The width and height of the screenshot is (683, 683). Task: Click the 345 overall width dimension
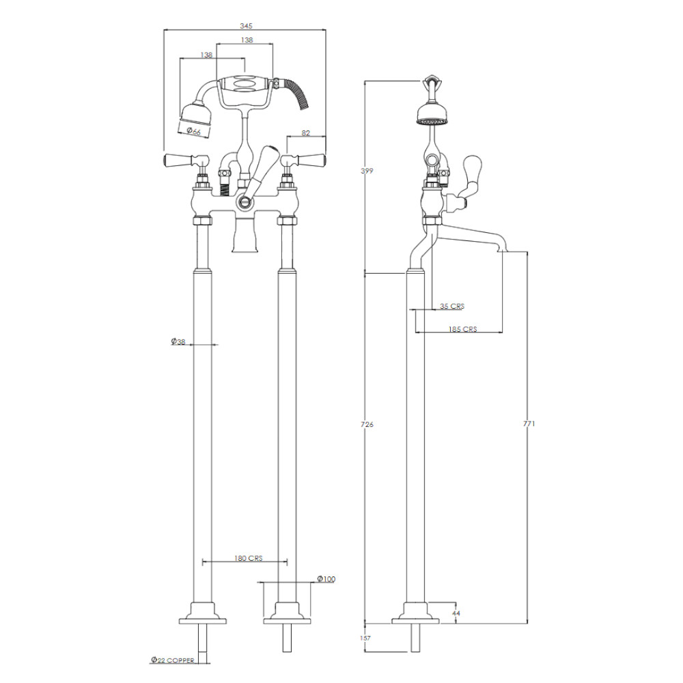(x=246, y=26)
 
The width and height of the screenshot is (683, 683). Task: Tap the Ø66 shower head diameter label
(x=194, y=131)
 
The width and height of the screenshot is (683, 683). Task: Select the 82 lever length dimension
(x=306, y=133)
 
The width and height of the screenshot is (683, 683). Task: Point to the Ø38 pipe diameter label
(x=178, y=341)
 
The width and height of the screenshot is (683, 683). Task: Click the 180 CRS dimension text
(x=249, y=558)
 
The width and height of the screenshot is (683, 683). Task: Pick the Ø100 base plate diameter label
(x=326, y=579)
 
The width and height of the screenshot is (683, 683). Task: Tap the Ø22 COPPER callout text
(x=173, y=660)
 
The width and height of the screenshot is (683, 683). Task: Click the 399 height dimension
(x=367, y=171)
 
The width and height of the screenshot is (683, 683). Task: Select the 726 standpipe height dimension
(x=367, y=424)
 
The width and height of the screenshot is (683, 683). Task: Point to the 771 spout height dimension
(x=529, y=423)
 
